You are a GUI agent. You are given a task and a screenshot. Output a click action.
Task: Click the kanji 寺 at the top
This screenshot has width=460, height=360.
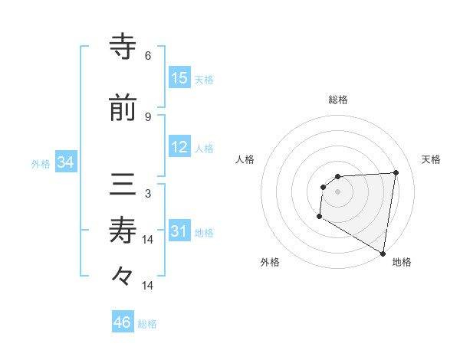coord(123,47)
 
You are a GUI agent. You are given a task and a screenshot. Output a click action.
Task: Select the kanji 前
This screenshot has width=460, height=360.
coord(123,108)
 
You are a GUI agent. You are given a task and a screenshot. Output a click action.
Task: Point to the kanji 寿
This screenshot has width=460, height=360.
coord(123,231)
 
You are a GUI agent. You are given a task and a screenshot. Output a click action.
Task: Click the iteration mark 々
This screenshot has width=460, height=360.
coord(123,275)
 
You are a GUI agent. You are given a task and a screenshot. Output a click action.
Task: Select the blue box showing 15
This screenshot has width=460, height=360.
coord(179,78)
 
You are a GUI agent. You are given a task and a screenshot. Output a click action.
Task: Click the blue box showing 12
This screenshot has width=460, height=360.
coord(179,148)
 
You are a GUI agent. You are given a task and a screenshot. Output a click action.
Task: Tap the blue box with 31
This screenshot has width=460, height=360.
coord(179,232)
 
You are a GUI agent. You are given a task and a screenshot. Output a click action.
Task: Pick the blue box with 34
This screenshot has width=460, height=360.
coord(66,162)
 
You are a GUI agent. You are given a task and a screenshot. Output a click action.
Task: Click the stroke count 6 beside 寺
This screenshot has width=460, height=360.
coord(148,56)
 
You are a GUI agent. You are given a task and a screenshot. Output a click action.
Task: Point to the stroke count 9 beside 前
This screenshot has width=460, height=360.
coord(148,116)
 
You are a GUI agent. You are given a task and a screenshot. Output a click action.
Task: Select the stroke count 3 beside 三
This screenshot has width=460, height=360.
coord(148,195)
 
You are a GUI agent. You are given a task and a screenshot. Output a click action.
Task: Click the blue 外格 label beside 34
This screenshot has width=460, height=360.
coord(41,164)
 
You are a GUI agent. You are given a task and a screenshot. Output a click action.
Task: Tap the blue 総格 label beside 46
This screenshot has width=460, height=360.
coord(147,324)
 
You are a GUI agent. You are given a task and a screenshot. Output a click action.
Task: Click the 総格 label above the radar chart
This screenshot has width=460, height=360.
coord(338,100)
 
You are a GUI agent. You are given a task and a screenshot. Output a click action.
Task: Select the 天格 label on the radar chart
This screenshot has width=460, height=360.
coord(431,159)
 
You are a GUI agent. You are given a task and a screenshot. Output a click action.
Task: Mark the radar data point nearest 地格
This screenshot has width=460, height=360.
coord(383,254)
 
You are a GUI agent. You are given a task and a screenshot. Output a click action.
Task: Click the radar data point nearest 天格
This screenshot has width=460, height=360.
coord(396,172)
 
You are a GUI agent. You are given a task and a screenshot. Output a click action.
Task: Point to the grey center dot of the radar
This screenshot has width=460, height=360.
coord(337,191)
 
